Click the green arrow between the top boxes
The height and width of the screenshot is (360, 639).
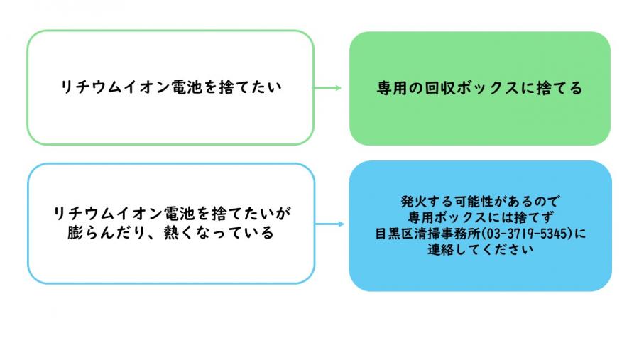(327, 88)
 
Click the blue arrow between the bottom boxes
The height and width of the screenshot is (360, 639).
(329, 224)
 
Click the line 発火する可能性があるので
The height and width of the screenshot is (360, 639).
(480, 200)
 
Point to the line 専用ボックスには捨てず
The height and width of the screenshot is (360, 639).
(480, 216)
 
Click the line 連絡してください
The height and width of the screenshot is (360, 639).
(480, 249)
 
